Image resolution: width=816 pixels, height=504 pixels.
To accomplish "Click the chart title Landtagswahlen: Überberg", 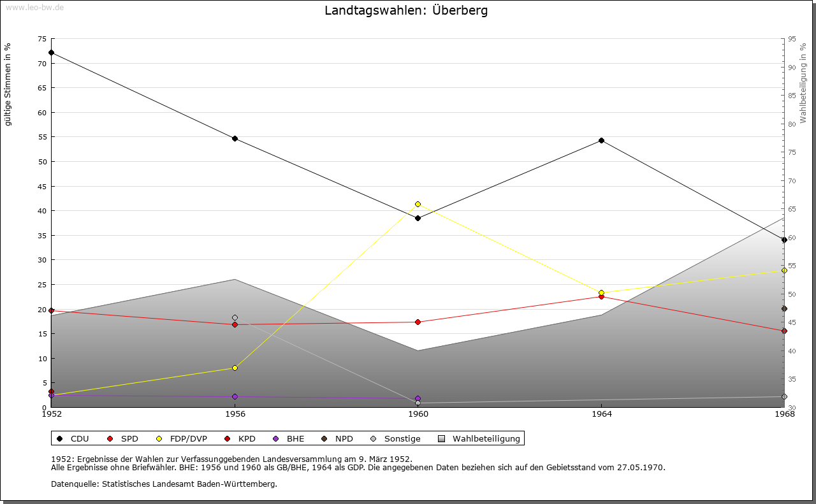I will [x=406, y=11].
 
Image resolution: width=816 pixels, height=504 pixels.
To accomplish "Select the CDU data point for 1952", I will [x=51, y=52].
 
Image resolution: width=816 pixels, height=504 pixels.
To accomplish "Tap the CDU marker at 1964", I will [x=601, y=140].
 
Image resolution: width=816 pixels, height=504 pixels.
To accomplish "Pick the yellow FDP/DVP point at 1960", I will [x=418, y=204].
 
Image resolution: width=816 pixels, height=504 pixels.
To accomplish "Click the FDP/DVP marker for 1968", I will [x=784, y=270].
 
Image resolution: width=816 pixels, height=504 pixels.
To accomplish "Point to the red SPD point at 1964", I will [x=601, y=296].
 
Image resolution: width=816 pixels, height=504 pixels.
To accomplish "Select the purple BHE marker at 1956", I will [x=235, y=396].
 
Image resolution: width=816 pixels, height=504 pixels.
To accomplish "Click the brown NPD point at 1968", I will [x=784, y=308].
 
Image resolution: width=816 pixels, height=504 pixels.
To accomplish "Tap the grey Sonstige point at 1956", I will [x=235, y=317].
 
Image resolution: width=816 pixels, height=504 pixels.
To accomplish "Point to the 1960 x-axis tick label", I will [x=418, y=414].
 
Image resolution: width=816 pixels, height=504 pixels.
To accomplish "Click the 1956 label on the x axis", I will [x=235, y=414].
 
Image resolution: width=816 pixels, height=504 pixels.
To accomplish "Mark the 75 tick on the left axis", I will [x=41, y=39].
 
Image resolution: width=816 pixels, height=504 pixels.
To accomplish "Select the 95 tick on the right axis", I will [x=792, y=39].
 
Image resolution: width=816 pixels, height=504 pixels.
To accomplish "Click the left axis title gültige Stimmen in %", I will [x=8, y=84].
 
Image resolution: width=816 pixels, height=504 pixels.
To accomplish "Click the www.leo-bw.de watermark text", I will [x=34, y=6].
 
